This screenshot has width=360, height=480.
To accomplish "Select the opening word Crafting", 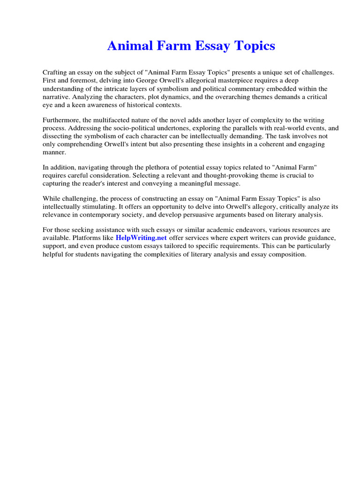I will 55,73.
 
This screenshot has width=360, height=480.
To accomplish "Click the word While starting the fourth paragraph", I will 52,198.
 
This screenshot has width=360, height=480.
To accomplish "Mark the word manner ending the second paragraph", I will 54,152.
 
